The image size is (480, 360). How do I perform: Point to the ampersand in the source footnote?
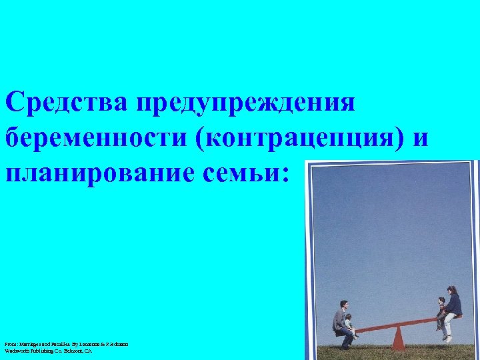[105, 344]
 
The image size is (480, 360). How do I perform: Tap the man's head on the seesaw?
[343, 305]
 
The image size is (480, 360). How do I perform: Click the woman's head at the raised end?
[453, 291]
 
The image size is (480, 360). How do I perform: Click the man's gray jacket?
[340, 319]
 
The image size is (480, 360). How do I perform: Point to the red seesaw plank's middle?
[399, 324]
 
